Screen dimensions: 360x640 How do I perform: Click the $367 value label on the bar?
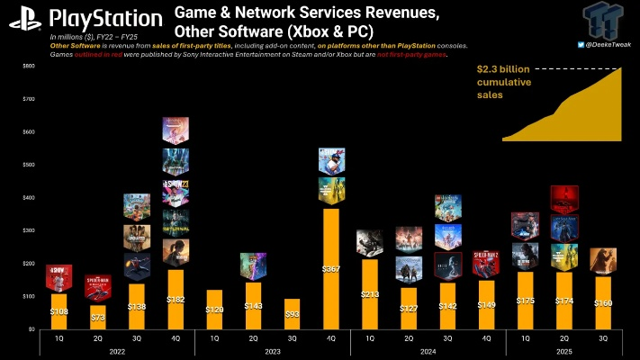point(331,268)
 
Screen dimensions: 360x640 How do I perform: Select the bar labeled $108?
point(59,311)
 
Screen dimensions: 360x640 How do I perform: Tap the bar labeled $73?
point(97,317)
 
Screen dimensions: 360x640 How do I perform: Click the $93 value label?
point(293,312)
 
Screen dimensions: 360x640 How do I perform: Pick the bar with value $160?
point(603,303)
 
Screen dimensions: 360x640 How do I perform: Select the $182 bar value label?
point(176,299)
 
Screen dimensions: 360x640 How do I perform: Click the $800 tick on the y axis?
point(29,66)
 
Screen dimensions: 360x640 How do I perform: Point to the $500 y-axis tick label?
point(29,165)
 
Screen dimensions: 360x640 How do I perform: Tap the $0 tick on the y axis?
point(32,329)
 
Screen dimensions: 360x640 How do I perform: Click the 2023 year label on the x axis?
point(273,352)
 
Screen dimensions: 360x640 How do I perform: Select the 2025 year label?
point(564,352)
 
